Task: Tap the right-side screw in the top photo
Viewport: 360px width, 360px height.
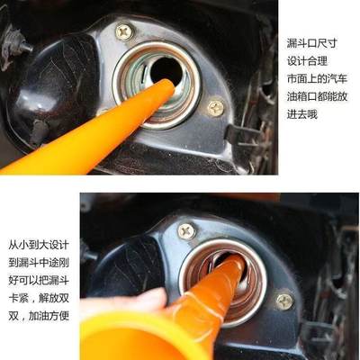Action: coord(216,108)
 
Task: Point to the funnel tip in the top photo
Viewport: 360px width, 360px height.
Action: coord(166,88)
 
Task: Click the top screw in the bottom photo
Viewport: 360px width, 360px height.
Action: coord(186,230)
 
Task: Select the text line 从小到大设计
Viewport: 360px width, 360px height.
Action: coord(41,244)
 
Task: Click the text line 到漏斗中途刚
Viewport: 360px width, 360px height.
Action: coord(41,262)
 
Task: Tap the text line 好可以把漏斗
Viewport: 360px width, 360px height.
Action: coord(41,280)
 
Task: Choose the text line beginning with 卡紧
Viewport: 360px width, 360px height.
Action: coord(41,298)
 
